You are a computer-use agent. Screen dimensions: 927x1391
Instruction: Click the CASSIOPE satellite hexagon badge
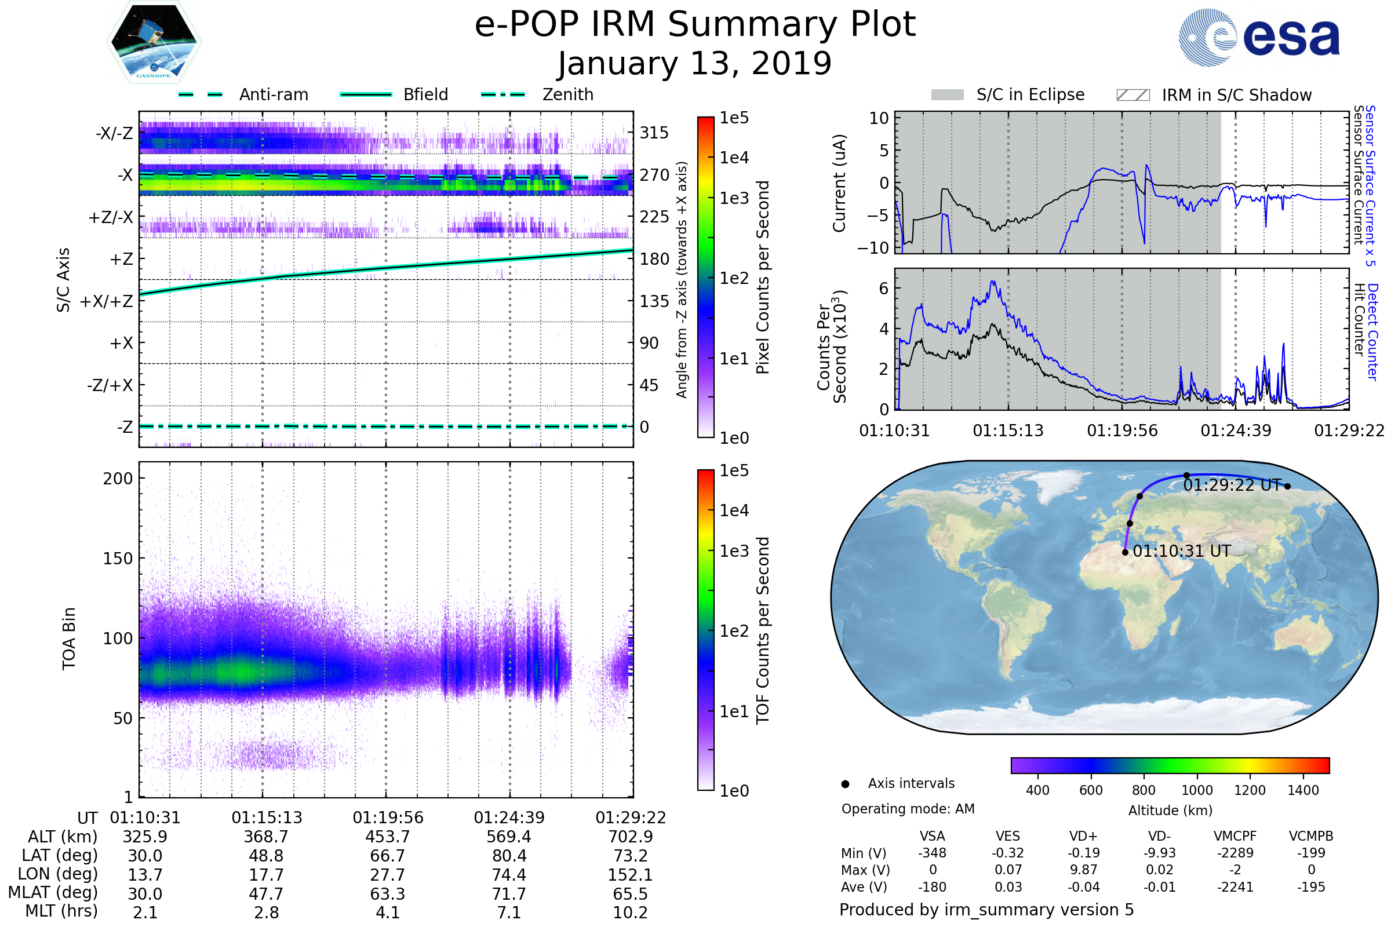point(154,42)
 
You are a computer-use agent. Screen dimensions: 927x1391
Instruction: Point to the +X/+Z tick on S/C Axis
point(107,301)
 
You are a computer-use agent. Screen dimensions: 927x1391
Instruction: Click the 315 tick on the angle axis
point(654,133)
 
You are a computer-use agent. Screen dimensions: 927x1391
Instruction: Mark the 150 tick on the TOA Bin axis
point(118,558)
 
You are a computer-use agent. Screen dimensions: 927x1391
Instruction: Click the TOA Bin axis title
point(69,638)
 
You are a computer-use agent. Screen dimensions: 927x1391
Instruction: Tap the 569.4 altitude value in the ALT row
point(509,837)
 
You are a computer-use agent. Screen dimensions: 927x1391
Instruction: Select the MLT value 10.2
point(630,912)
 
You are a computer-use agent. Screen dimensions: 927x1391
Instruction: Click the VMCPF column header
point(1235,836)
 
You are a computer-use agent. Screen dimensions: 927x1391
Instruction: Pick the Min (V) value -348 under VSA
point(932,852)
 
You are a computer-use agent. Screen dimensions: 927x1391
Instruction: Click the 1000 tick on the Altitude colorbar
point(1197,790)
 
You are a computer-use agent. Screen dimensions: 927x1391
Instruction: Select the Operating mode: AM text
point(908,808)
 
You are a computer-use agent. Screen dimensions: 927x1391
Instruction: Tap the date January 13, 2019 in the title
point(695,63)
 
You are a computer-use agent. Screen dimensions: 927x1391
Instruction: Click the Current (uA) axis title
point(839,183)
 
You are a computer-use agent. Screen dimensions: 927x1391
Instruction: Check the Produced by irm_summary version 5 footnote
point(986,909)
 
